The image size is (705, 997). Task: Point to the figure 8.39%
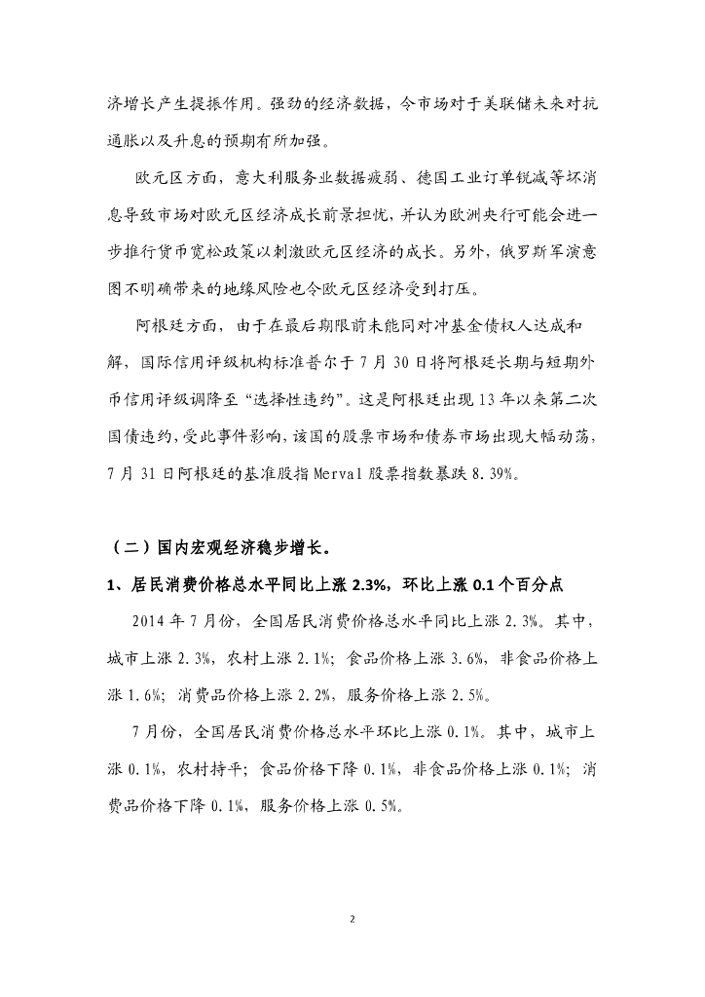525,474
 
